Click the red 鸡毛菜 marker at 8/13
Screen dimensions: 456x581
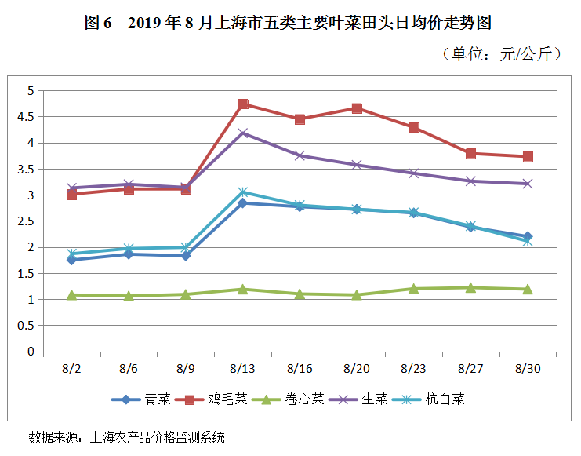(243, 104)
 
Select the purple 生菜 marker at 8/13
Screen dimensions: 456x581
(243, 133)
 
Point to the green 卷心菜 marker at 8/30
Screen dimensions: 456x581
(528, 289)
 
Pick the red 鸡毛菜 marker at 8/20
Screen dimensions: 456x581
(357, 108)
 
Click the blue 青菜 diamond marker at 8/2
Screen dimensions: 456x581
(72, 260)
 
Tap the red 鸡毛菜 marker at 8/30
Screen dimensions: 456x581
(528, 157)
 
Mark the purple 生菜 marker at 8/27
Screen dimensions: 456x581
(470, 181)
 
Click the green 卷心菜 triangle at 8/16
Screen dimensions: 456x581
(300, 294)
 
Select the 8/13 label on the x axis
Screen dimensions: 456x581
(243, 367)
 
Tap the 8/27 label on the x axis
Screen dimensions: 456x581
(470, 367)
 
